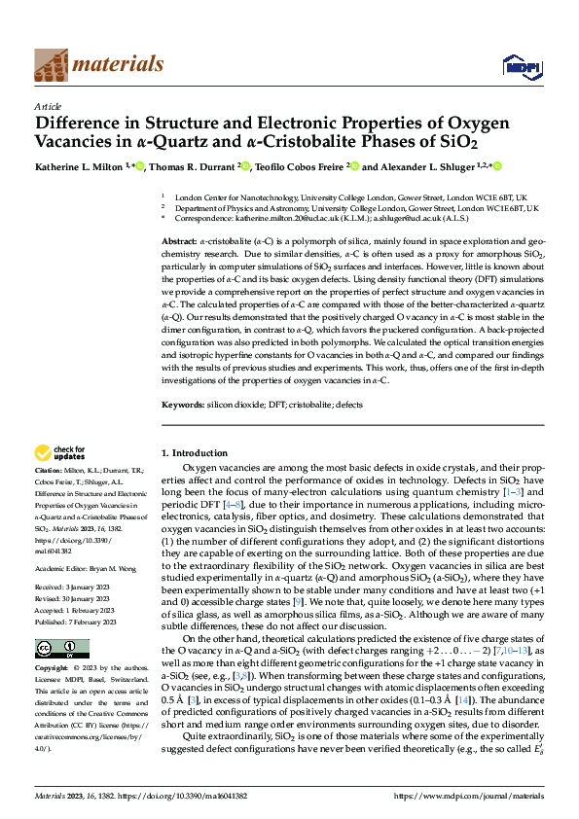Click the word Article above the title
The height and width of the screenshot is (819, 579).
point(48,107)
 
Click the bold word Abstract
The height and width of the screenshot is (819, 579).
point(179,240)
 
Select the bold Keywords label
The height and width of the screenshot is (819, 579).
point(182,403)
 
